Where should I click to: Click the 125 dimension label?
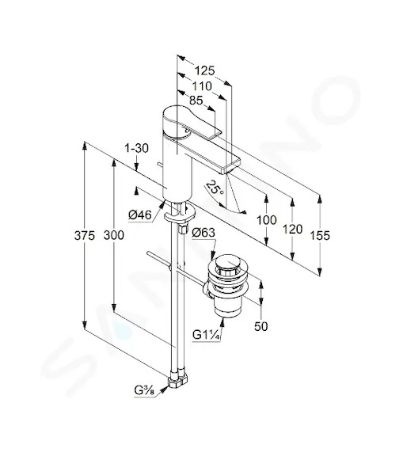pos(204,70)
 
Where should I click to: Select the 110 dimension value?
pos(202,86)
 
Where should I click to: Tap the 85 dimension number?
pos(196,101)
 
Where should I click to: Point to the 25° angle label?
pos(215,188)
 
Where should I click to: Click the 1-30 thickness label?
pos(137,148)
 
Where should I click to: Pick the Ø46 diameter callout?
pos(139,215)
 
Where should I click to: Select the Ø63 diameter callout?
pos(203,233)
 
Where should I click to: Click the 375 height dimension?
pos(85,235)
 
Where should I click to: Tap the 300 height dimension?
pos(114,235)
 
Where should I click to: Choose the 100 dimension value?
pos(267,220)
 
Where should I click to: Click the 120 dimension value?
pos(293,230)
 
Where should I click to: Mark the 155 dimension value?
pos(320,235)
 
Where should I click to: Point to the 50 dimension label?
pos(261,326)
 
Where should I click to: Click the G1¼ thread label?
pos(206,335)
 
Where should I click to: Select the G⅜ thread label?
pos(144,391)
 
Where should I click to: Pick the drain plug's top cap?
pos(228,264)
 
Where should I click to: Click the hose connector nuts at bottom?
pos(178,381)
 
